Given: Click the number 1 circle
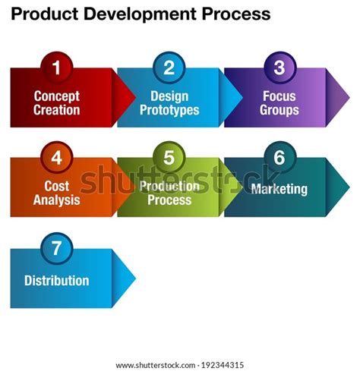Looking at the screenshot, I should (x=55, y=68).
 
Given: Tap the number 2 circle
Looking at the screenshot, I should (x=169, y=68).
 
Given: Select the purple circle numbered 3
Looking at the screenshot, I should (x=279, y=68).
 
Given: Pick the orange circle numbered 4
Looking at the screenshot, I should (x=55, y=159).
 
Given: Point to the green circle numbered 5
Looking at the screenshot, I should (x=169, y=159).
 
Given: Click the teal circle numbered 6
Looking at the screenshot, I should (x=279, y=159).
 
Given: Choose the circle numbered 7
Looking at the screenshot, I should (x=55, y=250).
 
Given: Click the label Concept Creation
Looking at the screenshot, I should (x=56, y=103).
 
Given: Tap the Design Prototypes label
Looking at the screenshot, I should (x=169, y=103).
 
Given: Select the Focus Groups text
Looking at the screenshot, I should (x=279, y=103).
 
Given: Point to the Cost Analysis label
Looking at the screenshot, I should (x=56, y=193).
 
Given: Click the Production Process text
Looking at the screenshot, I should (x=169, y=193).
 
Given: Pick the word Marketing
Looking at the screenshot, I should (x=279, y=188).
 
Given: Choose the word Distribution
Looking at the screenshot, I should (x=56, y=280).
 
